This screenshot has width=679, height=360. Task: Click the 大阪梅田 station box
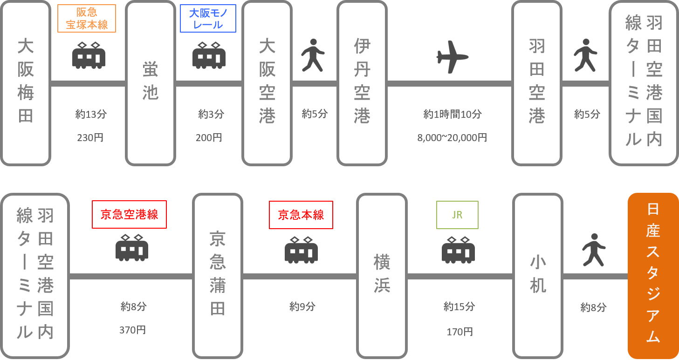[26, 83]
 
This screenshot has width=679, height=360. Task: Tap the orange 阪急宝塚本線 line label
[87, 19]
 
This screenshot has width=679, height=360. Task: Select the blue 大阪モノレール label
[208, 19]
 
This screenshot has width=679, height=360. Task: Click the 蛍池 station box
[151, 83]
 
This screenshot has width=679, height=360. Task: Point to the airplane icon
[452, 57]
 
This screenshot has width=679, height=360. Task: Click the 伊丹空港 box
[362, 83]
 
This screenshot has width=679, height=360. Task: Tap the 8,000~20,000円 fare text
[452, 137]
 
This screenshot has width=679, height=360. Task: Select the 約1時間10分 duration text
[452, 114]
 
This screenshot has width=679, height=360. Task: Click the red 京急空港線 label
[129, 214]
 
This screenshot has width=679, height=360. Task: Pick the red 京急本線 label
[301, 215]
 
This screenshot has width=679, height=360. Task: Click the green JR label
[457, 215]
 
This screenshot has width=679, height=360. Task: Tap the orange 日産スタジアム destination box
[653, 276]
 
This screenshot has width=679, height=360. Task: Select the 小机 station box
[538, 276]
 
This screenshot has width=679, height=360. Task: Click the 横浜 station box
[382, 276]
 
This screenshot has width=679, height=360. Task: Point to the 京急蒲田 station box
[218, 276]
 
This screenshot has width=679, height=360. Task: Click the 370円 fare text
[132, 330]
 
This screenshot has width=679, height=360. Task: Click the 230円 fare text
[90, 137]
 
